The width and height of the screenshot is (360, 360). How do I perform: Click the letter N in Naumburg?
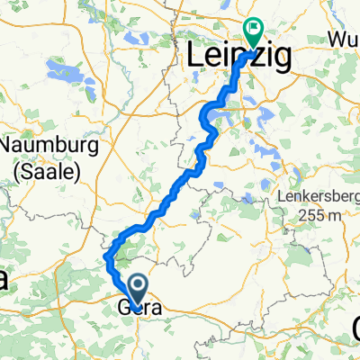9,146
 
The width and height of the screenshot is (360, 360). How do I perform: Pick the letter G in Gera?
124,308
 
